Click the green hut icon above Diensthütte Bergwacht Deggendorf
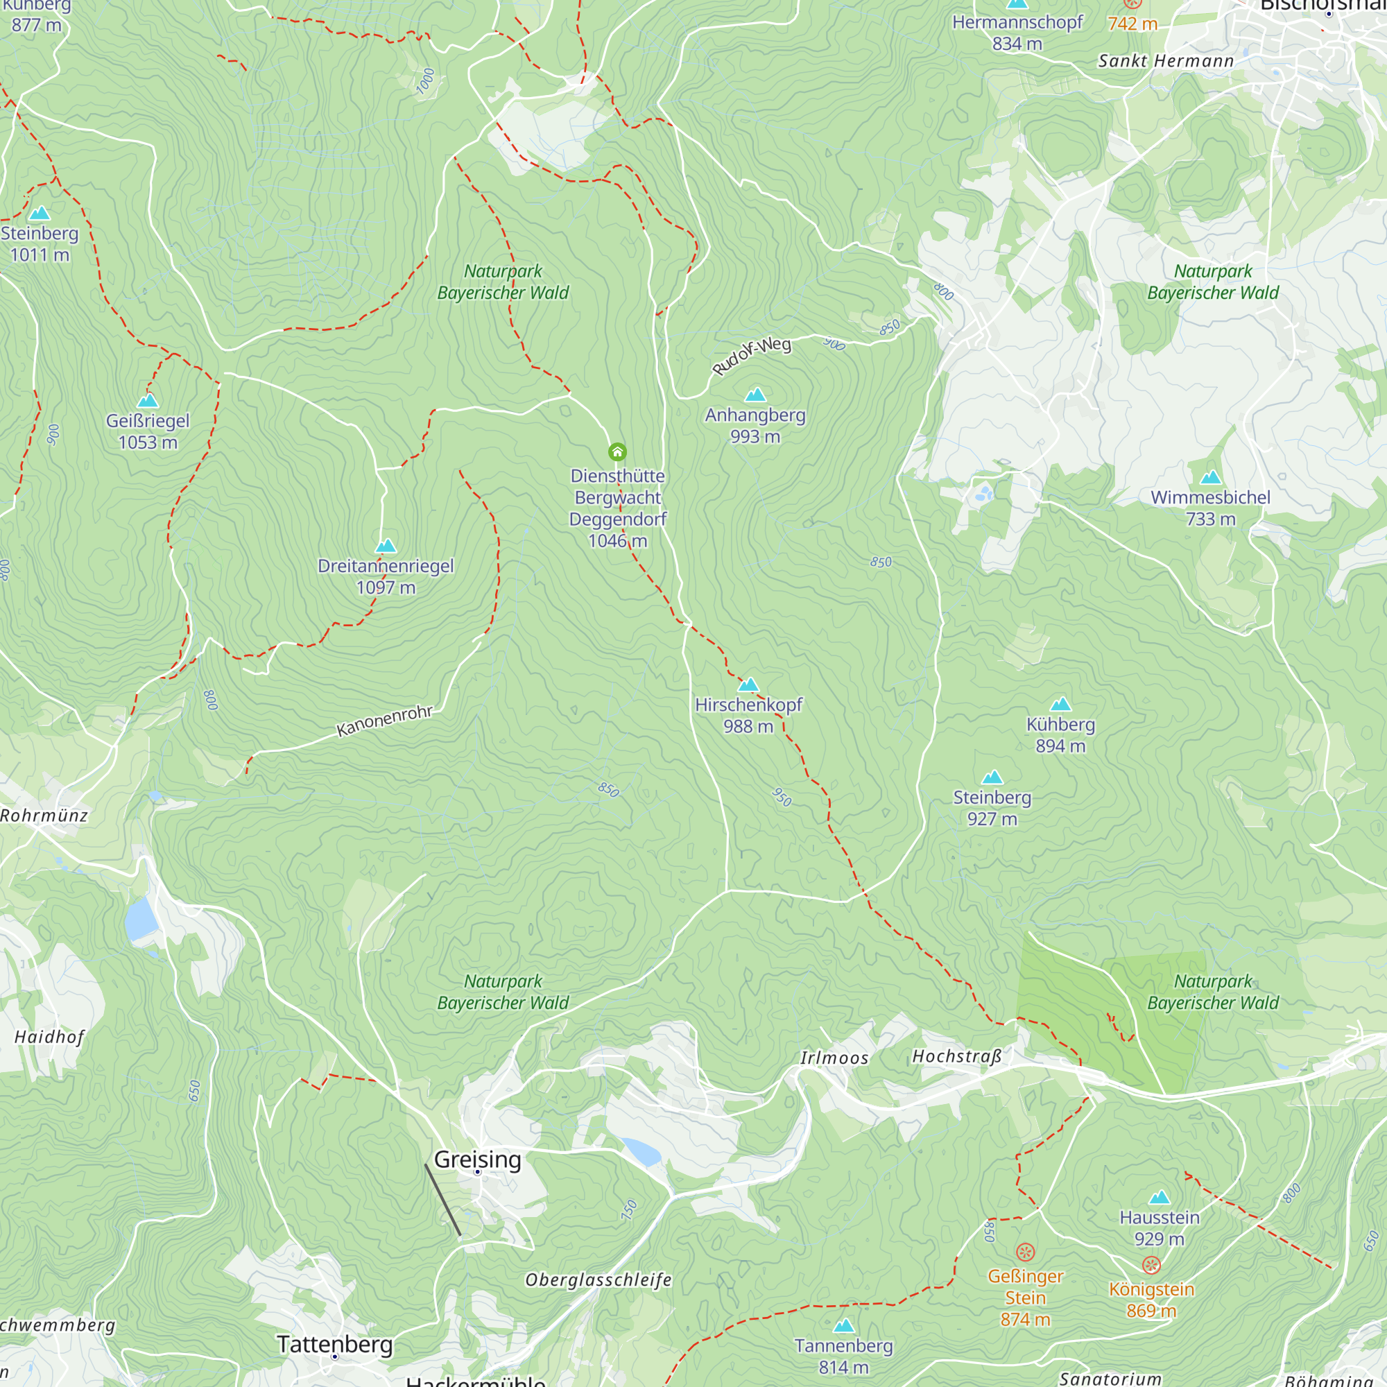tap(617, 451)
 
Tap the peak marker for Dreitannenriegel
tap(386, 546)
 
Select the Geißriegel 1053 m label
tap(148, 431)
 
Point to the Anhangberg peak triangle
tap(755, 395)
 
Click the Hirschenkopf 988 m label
tap(748, 715)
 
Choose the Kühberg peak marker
tap(1060, 705)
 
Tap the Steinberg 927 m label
tap(992, 808)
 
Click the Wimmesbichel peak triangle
tap(1210, 478)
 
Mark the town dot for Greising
tap(477, 1171)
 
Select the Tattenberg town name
tap(335, 1344)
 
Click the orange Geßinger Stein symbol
tap(1025, 1252)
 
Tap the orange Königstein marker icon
tap(1151, 1265)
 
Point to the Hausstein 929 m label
tap(1160, 1227)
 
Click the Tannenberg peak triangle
tap(843, 1325)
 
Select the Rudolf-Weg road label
tap(751, 356)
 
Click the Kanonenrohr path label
tap(385, 721)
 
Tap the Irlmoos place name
tap(834, 1058)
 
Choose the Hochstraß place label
tap(956, 1056)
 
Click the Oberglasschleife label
tap(598, 1280)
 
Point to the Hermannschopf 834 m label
tap(1017, 33)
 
